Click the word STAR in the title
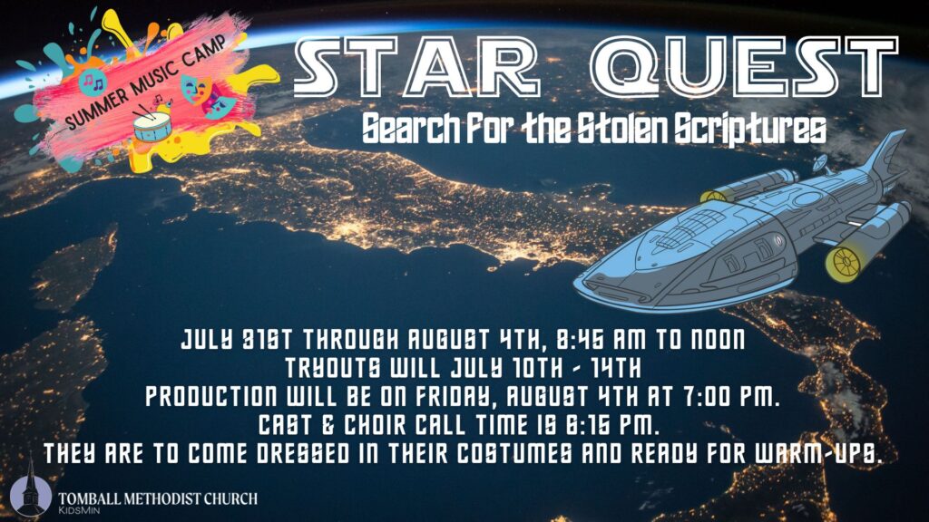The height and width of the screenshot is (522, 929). click(x=416, y=66)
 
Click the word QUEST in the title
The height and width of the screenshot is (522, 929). click(x=746, y=66)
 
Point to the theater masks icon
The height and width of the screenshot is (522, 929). click(x=208, y=94)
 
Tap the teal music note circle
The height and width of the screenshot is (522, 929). click(x=92, y=82)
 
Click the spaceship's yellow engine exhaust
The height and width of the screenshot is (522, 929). click(x=844, y=262)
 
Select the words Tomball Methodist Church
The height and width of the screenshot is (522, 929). click(x=158, y=498)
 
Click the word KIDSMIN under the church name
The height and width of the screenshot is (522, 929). click(x=78, y=511)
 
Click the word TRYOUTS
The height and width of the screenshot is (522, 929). click(x=333, y=368)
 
